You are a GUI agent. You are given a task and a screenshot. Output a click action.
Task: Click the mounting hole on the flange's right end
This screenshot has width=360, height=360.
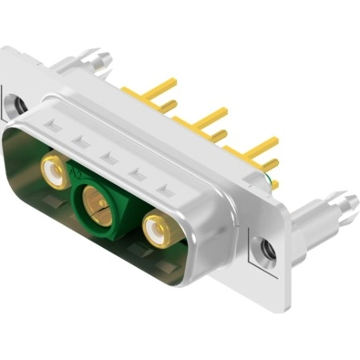point(266,247)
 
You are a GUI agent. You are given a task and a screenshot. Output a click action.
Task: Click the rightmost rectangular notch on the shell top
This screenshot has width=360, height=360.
point(164,190)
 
